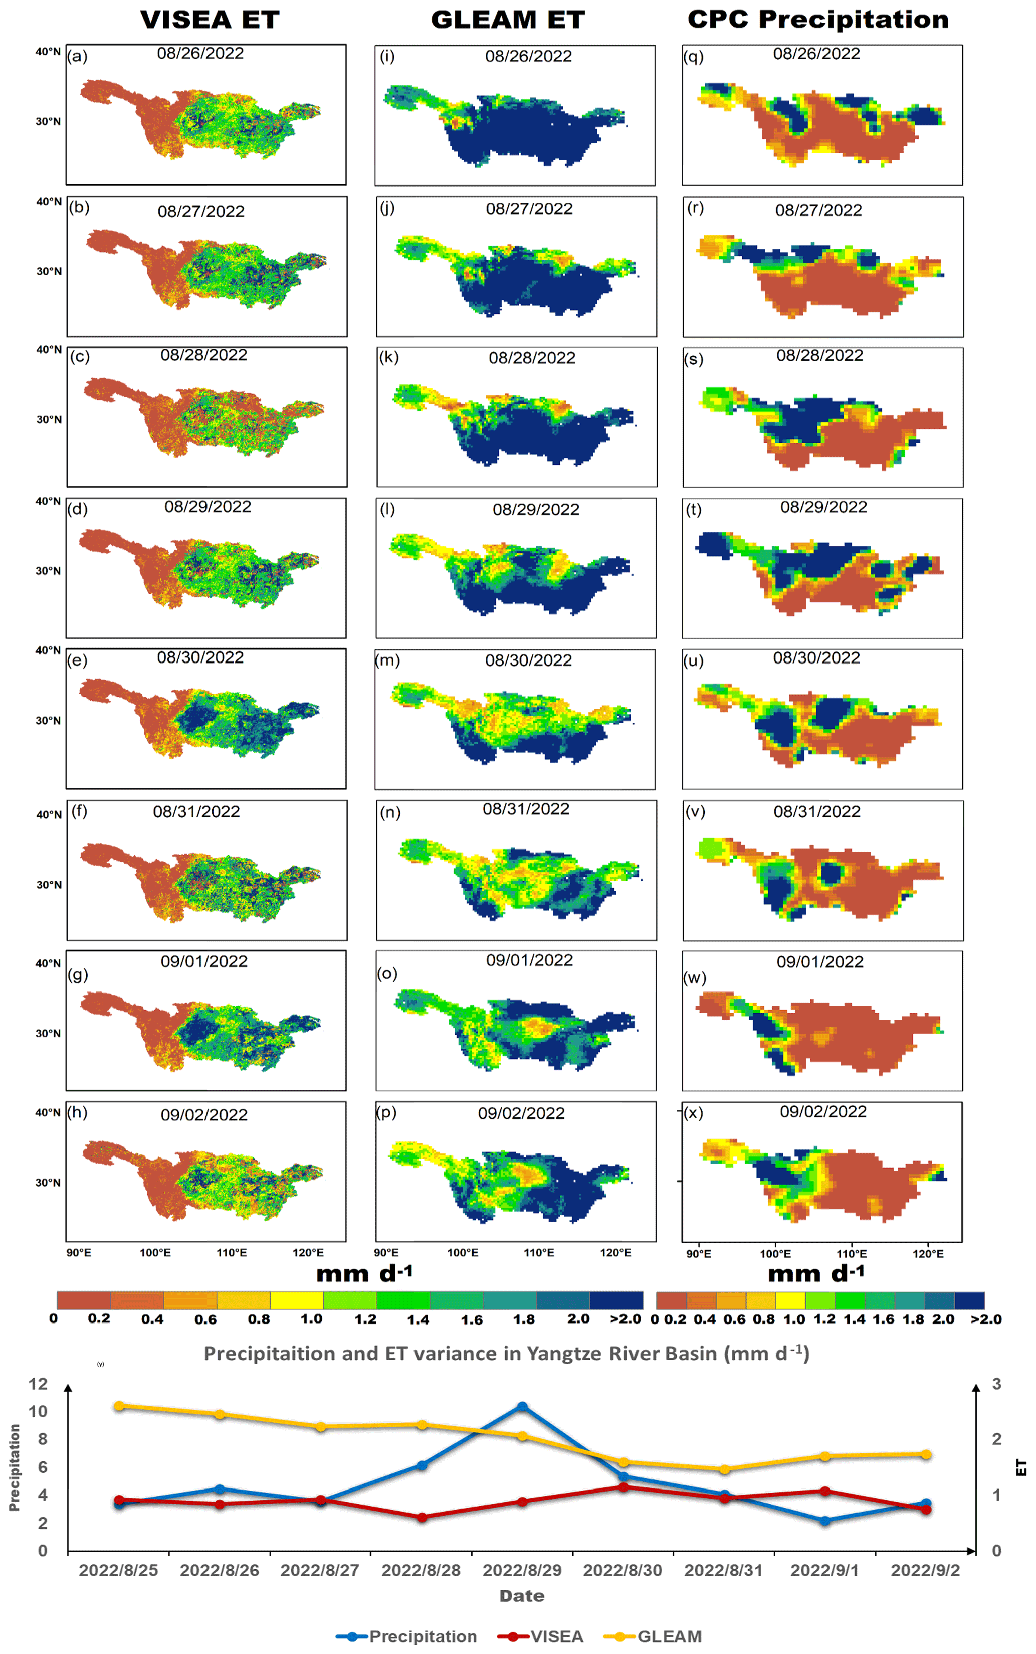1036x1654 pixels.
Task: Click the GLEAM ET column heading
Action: (508, 20)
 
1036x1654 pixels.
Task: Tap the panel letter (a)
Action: (77, 56)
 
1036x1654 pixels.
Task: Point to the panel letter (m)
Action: (388, 660)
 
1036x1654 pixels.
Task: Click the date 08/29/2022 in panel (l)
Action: (536, 510)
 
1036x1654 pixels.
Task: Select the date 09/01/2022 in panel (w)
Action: (820, 962)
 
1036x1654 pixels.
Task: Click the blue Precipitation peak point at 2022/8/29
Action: (522, 1407)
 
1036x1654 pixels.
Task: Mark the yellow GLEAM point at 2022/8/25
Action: (119, 1406)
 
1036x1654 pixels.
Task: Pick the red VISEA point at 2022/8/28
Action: (422, 1517)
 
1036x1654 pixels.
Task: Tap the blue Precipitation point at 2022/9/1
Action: (825, 1520)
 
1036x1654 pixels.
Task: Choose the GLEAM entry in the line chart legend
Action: (669, 1636)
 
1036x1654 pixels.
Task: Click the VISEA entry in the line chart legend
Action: (556, 1636)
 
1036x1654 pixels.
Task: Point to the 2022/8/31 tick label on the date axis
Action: (723, 1570)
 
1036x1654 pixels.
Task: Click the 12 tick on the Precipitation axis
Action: (39, 1383)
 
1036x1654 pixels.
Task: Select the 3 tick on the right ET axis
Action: (997, 1383)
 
